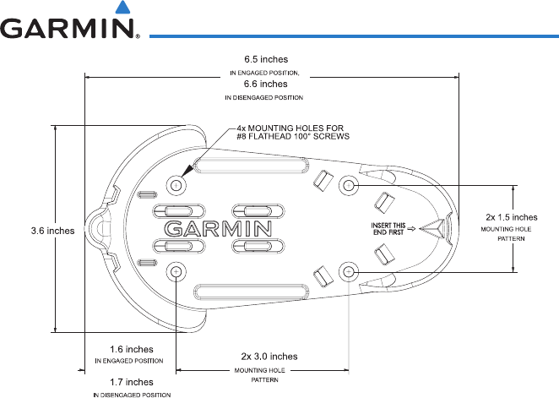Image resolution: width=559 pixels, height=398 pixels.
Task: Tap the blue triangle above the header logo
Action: [x=124, y=9]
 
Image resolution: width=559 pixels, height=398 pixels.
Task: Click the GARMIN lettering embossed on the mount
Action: [x=217, y=228]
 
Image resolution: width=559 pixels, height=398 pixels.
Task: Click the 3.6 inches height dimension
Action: [x=29, y=230]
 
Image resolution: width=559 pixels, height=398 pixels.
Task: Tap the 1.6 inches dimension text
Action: [x=131, y=348]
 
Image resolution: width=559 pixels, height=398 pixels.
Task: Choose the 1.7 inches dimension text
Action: [x=131, y=382]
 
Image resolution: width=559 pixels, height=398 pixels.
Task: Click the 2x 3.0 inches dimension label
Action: [x=269, y=356]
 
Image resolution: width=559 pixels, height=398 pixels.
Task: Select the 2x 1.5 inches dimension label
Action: [x=511, y=216]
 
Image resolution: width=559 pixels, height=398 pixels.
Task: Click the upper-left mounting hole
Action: [x=177, y=185]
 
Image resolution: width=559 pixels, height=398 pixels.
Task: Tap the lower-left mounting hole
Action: [x=177, y=272]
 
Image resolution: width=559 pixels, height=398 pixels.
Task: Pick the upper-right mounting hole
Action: [x=349, y=184]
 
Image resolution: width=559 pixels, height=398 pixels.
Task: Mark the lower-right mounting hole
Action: [x=349, y=271]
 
